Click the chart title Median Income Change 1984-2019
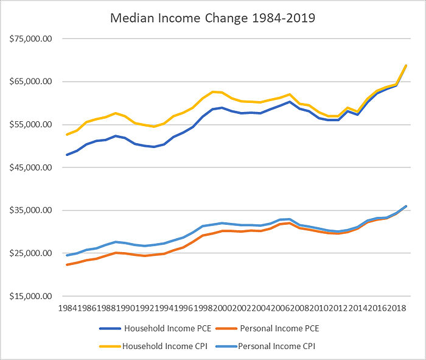(212, 18)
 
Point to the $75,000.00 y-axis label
(30, 38)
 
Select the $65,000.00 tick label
(30, 82)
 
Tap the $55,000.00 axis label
(30, 124)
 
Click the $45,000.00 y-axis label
(30, 168)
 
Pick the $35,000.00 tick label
(30, 210)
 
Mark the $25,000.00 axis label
(30, 253)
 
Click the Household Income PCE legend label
(167, 329)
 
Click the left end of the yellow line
(66, 135)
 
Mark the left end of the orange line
(66, 264)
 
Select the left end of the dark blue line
(66, 155)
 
